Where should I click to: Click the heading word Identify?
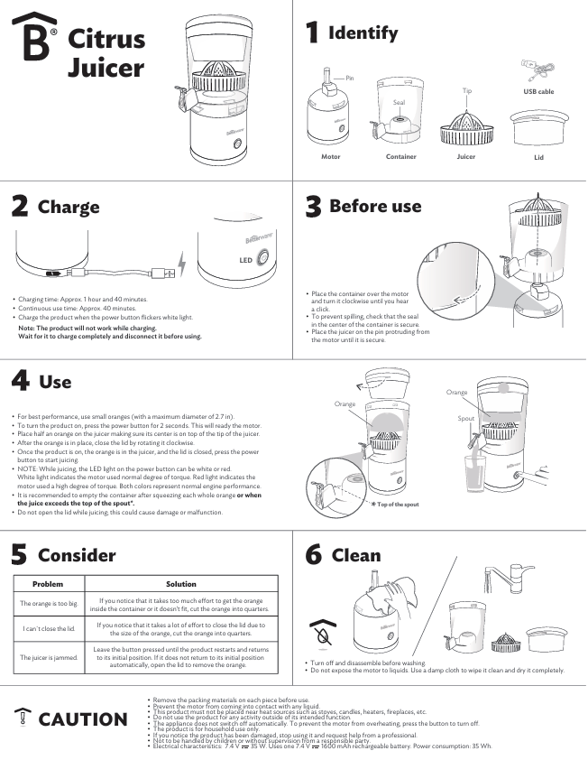point(363,33)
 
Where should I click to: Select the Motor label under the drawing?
point(330,156)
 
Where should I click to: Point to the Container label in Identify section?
point(401,156)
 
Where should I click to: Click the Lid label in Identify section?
point(538,157)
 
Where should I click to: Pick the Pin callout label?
point(350,78)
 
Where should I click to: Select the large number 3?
point(313,207)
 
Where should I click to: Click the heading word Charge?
point(69,207)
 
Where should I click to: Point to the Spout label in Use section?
point(465,419)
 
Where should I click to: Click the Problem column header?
point(47,584)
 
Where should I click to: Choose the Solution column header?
point(181,584)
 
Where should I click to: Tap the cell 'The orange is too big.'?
point(47,602)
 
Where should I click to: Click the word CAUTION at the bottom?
point(82,718)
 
